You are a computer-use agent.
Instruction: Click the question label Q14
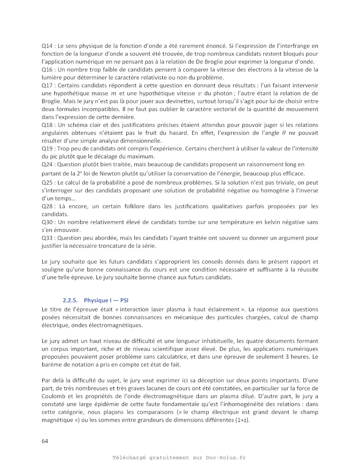pos(47,46)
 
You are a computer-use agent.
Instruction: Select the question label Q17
pos(47,85)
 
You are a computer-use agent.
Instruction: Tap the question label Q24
pos(47,164)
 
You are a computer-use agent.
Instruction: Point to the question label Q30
pos(47,222)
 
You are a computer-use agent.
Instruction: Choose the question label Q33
pos(47,238)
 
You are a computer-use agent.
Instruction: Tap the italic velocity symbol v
pos(200,93)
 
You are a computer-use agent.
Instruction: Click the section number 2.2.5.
pos(70,300)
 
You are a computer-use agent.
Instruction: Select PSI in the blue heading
pos(124,300)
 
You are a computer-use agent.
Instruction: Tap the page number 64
pos(45,441)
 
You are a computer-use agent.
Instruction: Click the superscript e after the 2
pos(79,172)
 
